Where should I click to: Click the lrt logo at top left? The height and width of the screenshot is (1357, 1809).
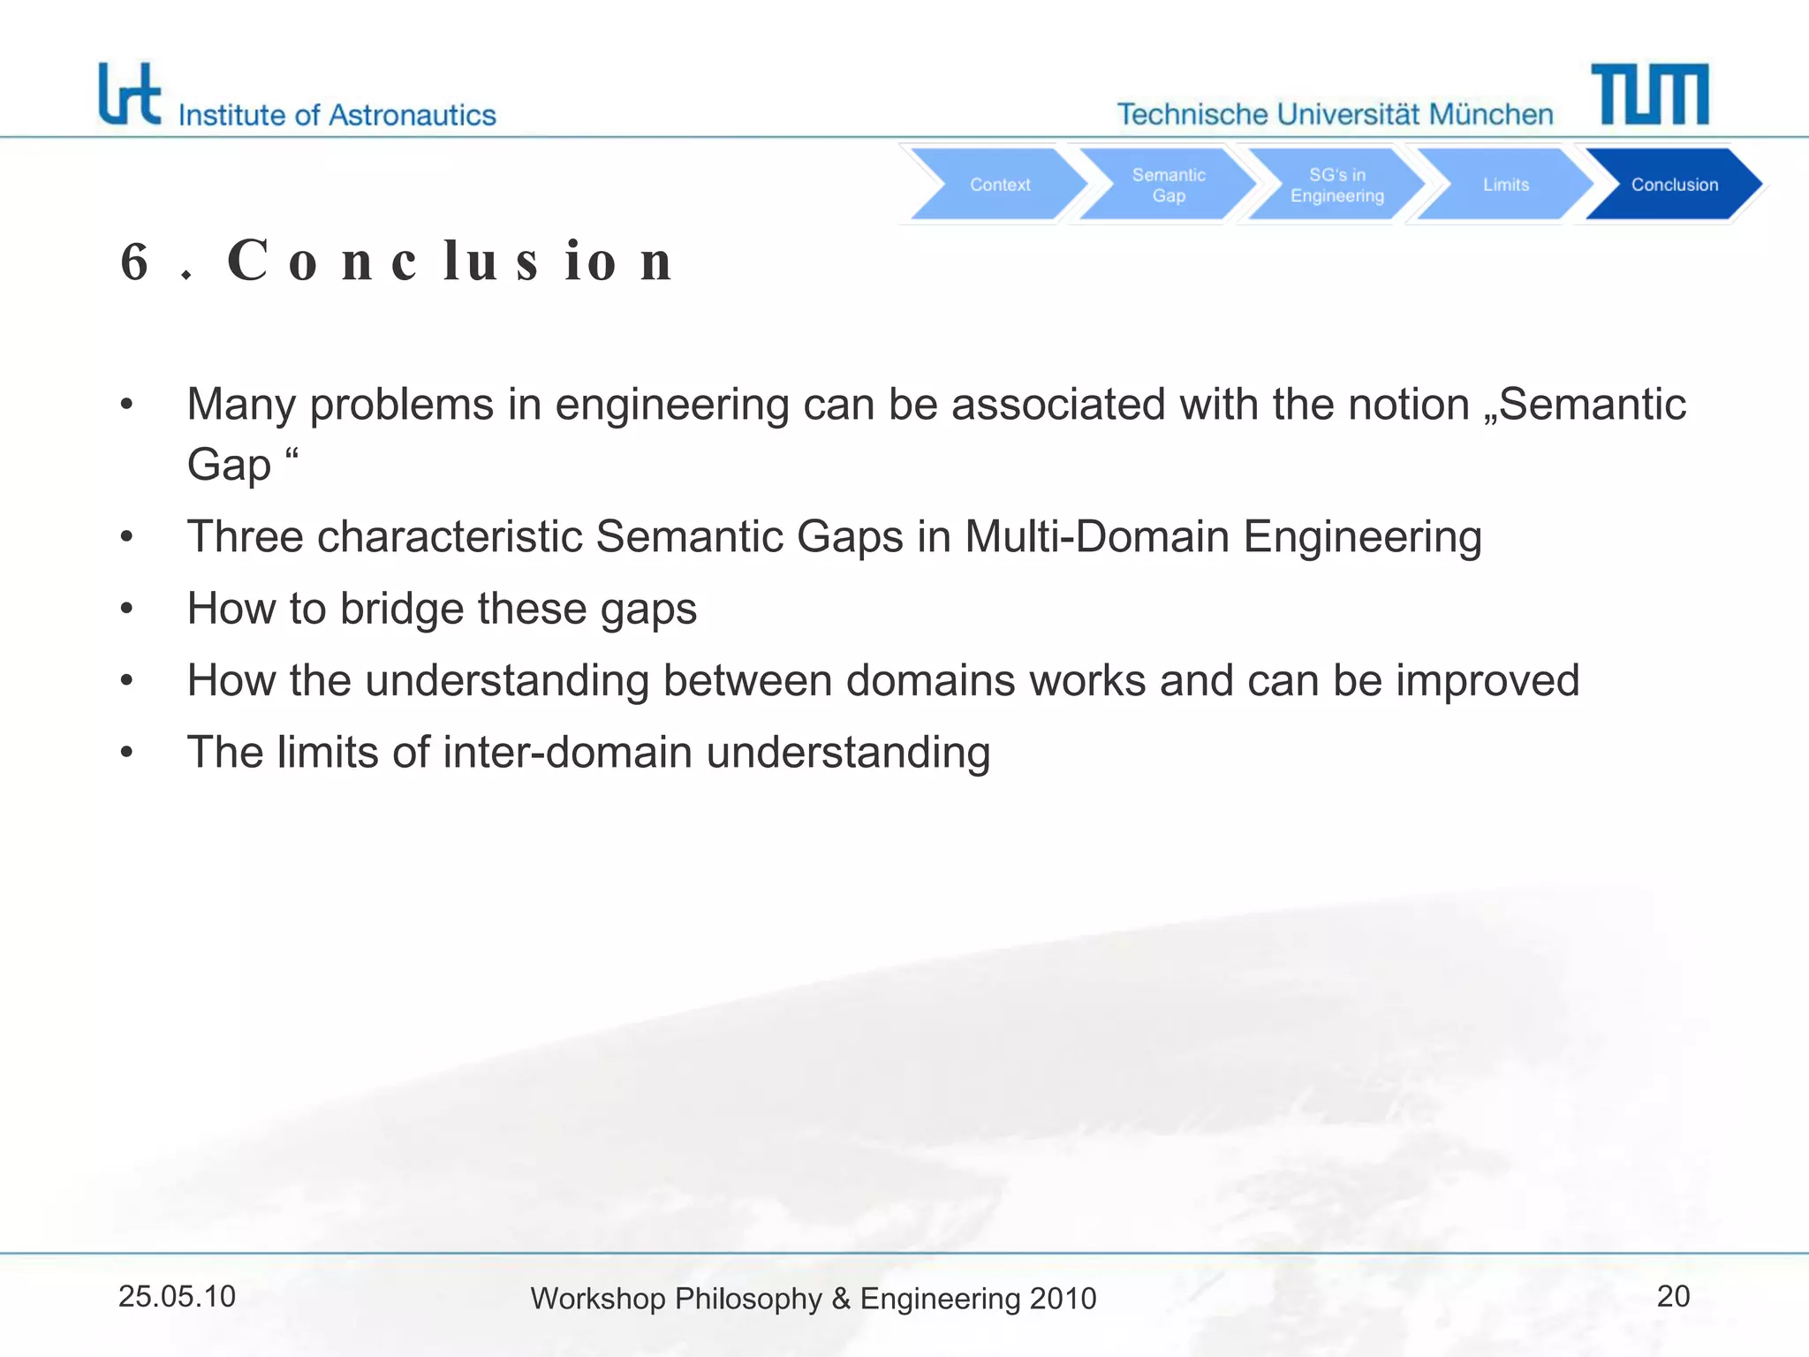(129, 94)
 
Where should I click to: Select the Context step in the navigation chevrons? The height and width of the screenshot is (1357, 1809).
(999, 185)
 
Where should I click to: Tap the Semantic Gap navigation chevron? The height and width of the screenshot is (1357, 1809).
(1168, 185)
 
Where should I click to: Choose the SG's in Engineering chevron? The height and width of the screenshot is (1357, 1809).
(1336, 185)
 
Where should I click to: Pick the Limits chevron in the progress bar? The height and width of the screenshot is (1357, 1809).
(1505, 185)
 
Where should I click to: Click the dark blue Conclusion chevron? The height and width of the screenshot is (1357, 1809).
(1674, 185)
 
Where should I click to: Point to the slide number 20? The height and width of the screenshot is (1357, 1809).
(1673, 1296)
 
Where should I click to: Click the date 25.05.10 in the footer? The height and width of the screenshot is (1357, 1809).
(177, 1296)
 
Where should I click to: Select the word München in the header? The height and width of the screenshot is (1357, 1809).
(1491, 114)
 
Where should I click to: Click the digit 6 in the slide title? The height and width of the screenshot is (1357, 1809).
(134, 262)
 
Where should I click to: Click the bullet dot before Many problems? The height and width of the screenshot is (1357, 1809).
(127, 406)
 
